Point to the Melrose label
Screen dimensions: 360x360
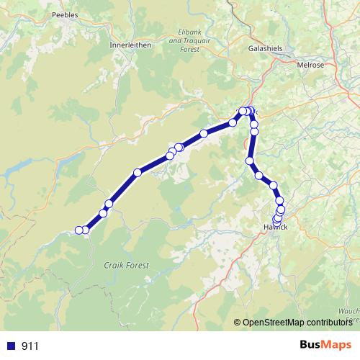pos(312,63)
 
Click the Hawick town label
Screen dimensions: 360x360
pos(274,228)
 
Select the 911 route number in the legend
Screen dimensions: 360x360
pos(30,346)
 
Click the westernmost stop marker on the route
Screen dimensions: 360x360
pos(79,230)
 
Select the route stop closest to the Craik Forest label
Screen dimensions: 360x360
pos(103,213)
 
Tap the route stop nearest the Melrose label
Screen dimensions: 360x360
pos(251,112)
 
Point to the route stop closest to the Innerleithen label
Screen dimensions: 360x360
pos(179,148)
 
